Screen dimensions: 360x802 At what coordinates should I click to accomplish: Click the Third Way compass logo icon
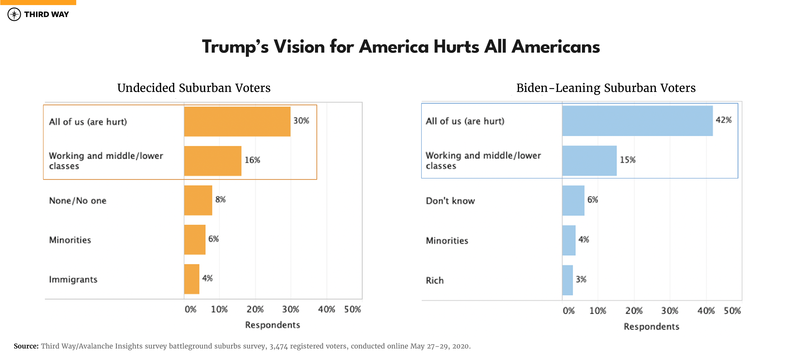tap(14, 14)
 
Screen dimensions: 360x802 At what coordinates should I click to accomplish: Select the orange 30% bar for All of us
tap(237, 121)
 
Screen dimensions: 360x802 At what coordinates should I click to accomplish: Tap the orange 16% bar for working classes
tap(213, 161)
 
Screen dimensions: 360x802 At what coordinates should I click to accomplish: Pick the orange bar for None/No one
tap(198, 200)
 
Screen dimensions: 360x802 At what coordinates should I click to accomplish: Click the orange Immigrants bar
tap(191, 279)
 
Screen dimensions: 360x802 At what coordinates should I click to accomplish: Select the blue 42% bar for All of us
tap(637, 121)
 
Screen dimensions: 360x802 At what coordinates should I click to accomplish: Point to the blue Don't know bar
tap(573, 200)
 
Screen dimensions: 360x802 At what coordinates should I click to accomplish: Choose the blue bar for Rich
tap(567, 280)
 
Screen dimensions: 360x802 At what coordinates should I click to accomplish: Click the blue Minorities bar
tap(569, 241)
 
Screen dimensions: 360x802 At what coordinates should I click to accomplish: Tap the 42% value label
tap(723, 120)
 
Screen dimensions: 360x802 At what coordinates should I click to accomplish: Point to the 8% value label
tap(220, 199)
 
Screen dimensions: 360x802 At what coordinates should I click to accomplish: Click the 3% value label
tap(581, 279)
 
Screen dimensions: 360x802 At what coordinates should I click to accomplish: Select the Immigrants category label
tap(73, 279)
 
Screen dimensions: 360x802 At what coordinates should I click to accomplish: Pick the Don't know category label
tap(450, 201)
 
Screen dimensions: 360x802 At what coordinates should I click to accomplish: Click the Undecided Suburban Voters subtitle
tap(194, 88)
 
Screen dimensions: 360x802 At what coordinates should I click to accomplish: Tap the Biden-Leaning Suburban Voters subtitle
tap(606, 88)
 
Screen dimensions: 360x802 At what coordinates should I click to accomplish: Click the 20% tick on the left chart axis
tap(255, 309)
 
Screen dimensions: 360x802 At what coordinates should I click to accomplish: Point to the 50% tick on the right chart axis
tap(732, 311)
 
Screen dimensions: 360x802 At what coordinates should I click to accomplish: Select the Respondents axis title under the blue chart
tap(651, 326)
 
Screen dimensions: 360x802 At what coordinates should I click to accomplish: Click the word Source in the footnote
tap(26, 346)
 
